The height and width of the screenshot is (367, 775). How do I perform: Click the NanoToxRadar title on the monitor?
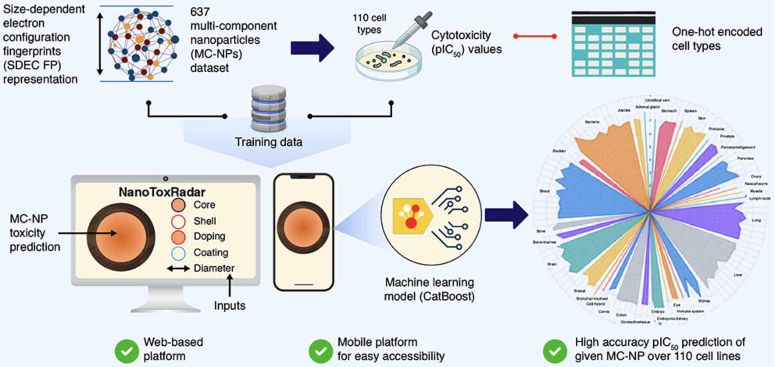point(162,192)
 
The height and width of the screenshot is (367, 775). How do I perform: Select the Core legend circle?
point(178,205)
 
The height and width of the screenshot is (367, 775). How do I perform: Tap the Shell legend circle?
point(178,221)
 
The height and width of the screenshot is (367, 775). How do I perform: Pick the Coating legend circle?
point(178,253)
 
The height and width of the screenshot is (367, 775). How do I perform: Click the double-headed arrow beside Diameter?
point(179,269)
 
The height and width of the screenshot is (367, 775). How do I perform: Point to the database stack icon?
point(268,108)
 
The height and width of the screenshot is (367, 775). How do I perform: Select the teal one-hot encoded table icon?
point(613,44)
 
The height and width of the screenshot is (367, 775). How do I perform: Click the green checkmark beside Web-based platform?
point(127,351)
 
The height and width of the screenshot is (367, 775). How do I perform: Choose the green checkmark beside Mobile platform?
point(321,351)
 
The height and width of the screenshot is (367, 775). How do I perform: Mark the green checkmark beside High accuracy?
point(554,351)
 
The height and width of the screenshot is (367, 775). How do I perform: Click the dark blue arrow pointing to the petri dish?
point(312,48)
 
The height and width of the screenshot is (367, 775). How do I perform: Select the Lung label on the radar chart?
point(756,220)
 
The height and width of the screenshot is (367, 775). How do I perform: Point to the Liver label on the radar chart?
point(737,275)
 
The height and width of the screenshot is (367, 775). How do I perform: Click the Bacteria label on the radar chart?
point(592,122)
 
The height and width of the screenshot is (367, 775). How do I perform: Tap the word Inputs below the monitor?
point(230,306)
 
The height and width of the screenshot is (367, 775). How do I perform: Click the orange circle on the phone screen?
point(303,228)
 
